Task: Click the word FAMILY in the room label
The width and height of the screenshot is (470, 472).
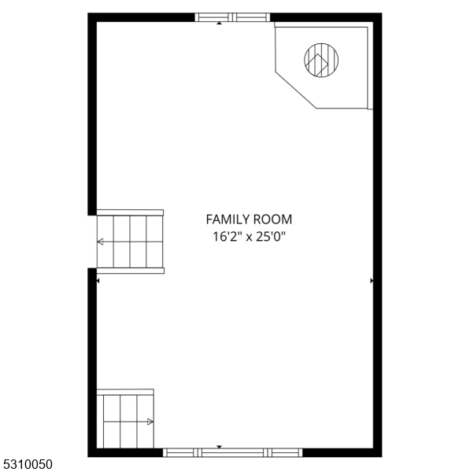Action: pos(228,219)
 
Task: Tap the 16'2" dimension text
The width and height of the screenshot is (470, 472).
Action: pos(228,237)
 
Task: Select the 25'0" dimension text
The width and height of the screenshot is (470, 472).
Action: pos(270,237)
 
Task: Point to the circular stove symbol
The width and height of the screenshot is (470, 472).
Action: pos(321,60)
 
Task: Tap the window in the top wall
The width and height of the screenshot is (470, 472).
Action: pos(232,17)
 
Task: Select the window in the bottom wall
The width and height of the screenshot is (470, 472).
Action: pos(232,452)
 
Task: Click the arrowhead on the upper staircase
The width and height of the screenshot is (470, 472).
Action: pos(100,242)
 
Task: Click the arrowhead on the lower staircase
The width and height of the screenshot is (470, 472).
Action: pos(150,422)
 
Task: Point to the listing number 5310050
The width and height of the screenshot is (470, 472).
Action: pos(28,464)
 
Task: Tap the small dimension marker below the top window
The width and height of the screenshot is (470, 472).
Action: pos(220,23)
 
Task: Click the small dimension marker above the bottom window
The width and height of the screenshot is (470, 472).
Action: pos(220,447)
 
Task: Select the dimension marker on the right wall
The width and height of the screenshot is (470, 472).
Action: pos(372,281)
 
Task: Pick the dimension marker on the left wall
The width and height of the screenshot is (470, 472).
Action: pos(98,281)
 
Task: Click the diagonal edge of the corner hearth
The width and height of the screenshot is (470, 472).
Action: pos(296,90)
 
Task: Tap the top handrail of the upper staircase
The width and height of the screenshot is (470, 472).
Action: pos(130,212)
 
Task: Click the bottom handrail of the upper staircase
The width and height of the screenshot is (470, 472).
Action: pos(131,271)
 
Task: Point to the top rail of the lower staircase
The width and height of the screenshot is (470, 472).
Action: pos(125,392)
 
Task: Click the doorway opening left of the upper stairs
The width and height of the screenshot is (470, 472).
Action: pos(92,242)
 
